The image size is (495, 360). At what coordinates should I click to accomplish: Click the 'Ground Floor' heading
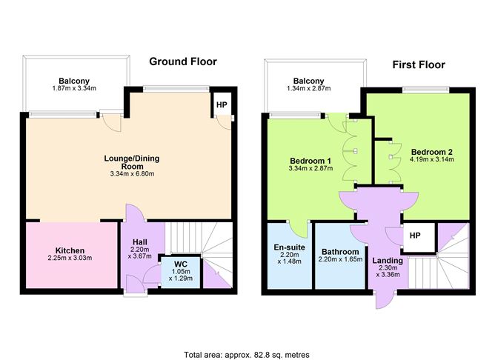click(x=183, y=61)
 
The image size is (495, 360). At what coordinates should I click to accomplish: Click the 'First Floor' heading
click(x=418, y=64)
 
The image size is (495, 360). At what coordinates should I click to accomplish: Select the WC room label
click(x=180, y=264)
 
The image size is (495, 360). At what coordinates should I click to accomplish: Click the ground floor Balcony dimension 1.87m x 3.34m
click(x=76, y=90)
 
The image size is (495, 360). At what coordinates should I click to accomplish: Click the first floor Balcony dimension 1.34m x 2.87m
click(x=308, y=89)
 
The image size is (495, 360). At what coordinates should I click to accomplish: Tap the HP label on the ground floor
click(x=221, y=105)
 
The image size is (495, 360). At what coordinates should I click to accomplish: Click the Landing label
click(x=387, y=261)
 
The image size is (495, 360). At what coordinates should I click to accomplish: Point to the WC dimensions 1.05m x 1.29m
click(x=180, y=276)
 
